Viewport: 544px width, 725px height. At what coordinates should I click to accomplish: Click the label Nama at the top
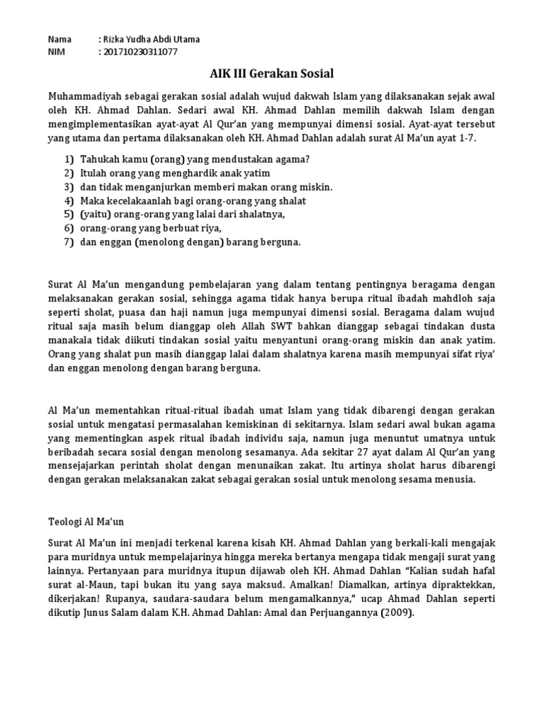pos(59,39)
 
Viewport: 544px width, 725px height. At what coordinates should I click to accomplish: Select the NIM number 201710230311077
pos(140,52)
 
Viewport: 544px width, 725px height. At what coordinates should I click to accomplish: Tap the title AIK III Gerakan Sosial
pos(271,74)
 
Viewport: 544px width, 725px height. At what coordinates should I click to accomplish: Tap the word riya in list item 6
pos(210,228)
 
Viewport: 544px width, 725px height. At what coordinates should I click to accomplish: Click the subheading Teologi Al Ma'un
pos(86,521)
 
